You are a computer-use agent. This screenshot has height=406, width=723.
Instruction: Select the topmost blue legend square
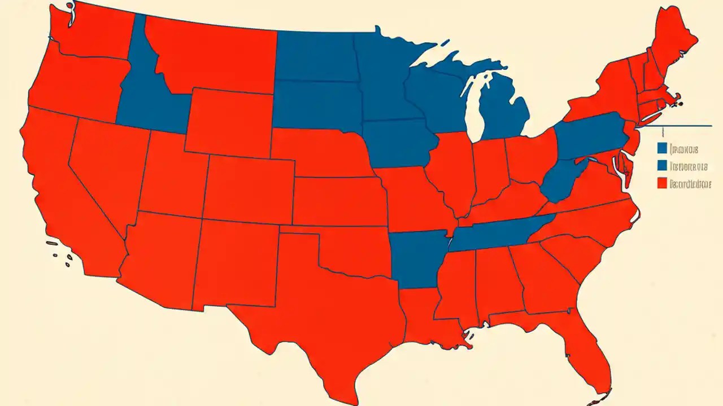[x=663, y=148]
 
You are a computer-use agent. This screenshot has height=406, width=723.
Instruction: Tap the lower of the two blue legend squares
[x=663, y=166]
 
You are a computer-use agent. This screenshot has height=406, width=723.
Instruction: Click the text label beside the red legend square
[x=690, y=183]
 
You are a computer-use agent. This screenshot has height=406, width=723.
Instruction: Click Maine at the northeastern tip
[x=675, y=45]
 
